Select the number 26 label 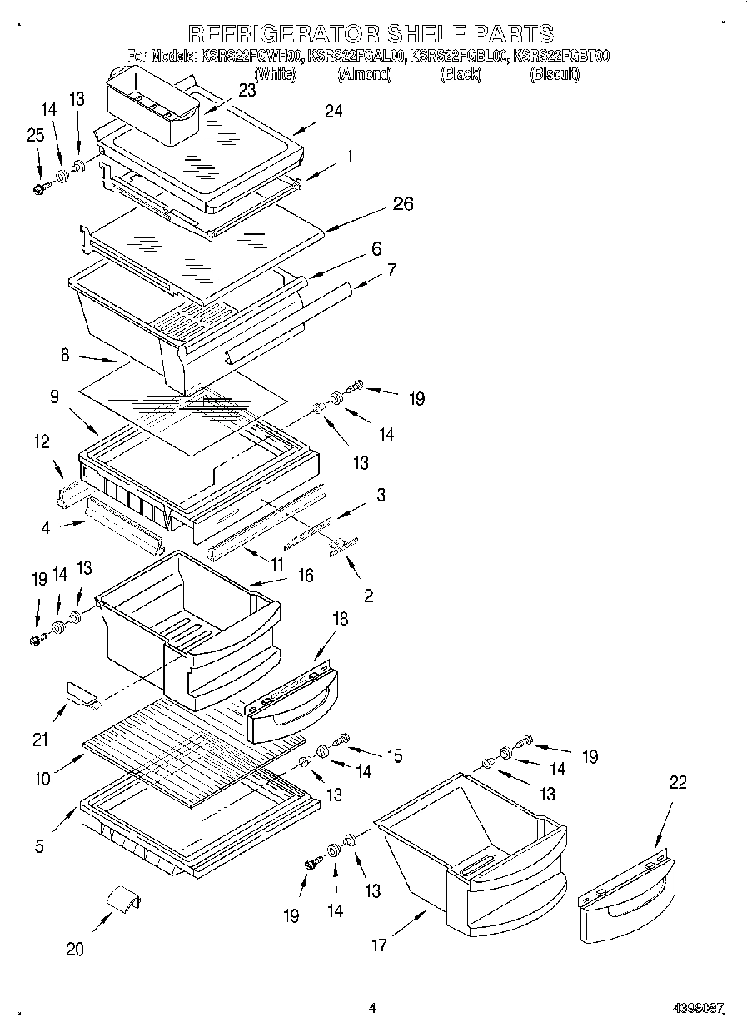click(x=403, y=204)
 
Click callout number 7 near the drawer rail click(x=391, y=269)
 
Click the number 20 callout click(x=75, y=949)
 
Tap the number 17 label click(x=379, y=945)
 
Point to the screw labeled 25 click(x=38, y=190)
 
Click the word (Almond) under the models click(x=364, y=74)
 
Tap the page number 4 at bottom click(x=372, y=1008)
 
